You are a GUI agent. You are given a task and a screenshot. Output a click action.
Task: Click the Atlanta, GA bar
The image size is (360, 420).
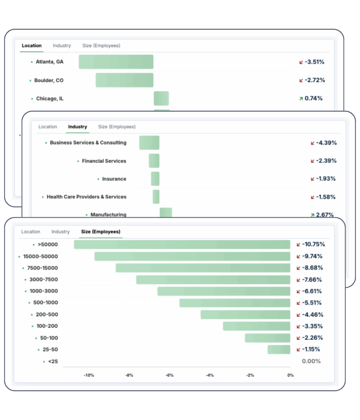(116, 62)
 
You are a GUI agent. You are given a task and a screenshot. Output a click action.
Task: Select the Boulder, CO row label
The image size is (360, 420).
(49, 80)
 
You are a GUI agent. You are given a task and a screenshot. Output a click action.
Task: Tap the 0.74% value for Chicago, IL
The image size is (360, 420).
(313, 98)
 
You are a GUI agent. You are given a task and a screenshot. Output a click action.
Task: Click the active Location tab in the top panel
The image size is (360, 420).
(32, 46)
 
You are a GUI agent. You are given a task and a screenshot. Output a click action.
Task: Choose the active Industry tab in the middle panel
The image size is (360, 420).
(77, 127)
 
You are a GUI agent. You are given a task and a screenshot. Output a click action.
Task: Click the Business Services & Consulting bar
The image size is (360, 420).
(149, 143)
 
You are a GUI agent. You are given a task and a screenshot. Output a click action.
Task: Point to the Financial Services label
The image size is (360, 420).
(104, 161)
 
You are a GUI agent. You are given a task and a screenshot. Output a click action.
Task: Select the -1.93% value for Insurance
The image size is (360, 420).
(326, 179)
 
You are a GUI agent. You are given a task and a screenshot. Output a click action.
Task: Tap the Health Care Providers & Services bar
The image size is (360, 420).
(156, 197)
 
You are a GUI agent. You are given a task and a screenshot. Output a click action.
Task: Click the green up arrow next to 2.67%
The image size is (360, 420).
(312, 215)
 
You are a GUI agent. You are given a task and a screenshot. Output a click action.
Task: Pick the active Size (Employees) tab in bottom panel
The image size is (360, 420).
(101, 232)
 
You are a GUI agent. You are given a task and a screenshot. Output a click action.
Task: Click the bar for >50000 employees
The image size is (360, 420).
(182, 245)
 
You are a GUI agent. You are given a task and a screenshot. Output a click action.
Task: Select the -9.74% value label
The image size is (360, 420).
(312, 256)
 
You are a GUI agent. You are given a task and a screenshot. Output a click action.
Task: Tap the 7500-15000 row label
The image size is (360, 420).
(42, 268)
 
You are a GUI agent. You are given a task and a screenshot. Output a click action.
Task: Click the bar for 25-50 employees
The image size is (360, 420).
(279, 350)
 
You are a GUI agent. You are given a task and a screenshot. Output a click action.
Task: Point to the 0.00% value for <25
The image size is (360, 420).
(311, 361)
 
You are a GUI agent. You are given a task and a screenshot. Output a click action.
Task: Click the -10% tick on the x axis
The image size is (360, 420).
(89, 375)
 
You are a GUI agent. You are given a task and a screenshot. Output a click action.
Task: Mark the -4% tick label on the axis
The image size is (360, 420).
(210, 375)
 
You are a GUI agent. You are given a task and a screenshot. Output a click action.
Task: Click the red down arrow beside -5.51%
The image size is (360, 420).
(298, 303)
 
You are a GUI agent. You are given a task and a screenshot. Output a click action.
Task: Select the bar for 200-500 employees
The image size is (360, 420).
(245, 315)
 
